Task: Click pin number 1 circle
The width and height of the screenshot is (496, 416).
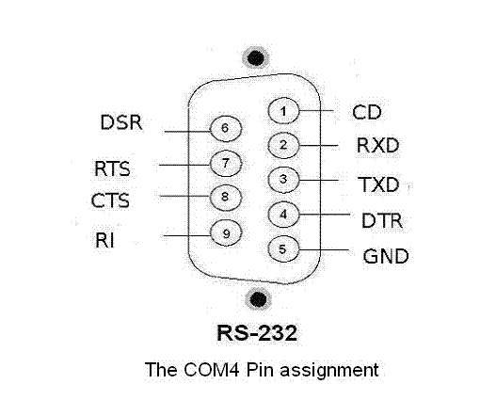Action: tap(283, 111)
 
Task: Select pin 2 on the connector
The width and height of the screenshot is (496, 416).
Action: tap(283, 145)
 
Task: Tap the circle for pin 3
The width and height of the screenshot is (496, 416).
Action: tap(283, 180)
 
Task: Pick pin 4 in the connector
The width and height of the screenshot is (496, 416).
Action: tap(283, 215)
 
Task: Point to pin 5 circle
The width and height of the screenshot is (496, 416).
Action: tap(283, 249)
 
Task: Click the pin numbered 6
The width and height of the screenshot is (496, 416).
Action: tap(226, 128)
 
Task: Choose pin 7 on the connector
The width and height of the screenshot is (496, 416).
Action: tap(226, 164)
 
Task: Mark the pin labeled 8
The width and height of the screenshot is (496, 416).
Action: tap(226, 198)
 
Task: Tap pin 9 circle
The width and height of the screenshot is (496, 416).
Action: tap(226, 233)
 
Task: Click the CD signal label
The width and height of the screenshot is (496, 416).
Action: tap(367, 112)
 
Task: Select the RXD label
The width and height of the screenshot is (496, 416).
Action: tap(378, 145)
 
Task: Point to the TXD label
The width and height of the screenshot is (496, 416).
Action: tap(378, 184)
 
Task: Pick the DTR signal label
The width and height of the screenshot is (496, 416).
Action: tap(382, 220)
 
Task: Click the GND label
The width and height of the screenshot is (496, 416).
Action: tap(386, 256)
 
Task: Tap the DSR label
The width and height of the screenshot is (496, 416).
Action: tap(121, 122)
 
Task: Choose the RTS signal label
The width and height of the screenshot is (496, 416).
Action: tap(112, 168)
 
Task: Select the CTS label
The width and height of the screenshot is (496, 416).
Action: tap(110, 200)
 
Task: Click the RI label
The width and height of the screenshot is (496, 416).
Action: tap(104, 240)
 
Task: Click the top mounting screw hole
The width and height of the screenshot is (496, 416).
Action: tap(256, 57)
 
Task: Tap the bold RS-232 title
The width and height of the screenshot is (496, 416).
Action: tap(257, 333)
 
